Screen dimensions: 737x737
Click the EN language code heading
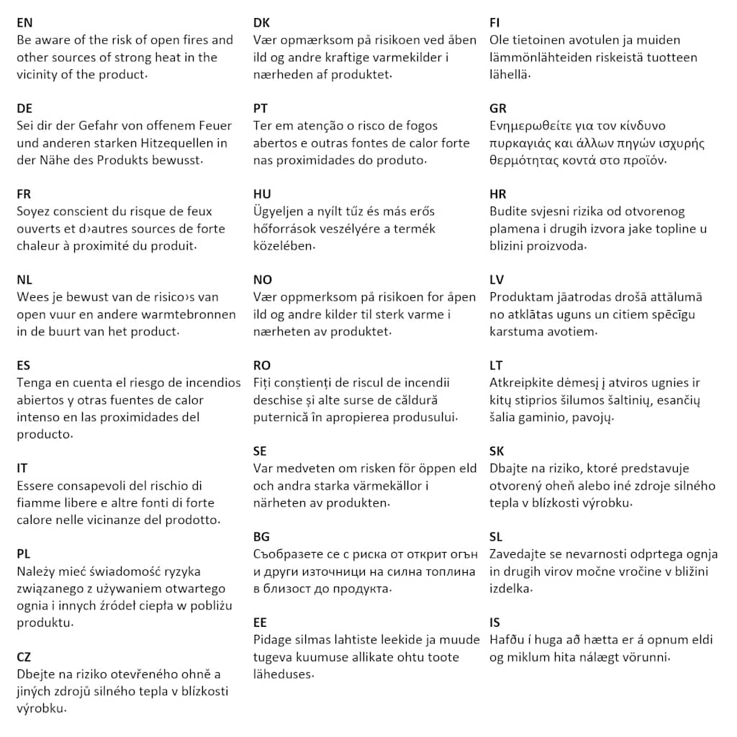point(24,23)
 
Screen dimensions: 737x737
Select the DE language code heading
point(24,109)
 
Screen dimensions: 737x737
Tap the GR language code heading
point(498,109)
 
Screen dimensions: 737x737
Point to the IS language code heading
point(494,623)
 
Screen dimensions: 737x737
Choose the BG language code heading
point(261,537)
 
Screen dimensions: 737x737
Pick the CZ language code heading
point(24,657)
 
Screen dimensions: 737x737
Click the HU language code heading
point(263,194)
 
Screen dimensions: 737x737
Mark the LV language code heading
point(497,280)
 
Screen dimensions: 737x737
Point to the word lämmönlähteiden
point(542,58)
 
